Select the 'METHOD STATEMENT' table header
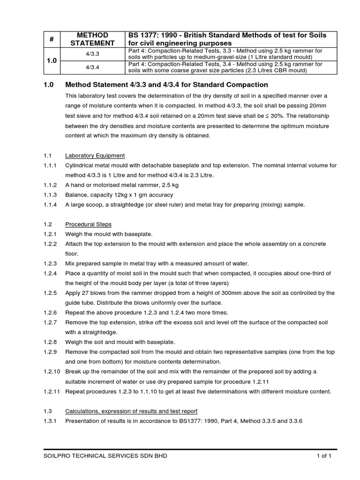click(x=92, y=39)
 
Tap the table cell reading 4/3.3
click(x=92, y=54)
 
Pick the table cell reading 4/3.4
click(x=92, y=67)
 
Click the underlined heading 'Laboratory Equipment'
click(x=95, y=156)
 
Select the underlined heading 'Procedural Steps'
click(x=88, y=224)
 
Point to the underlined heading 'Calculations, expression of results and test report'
click(x=131, y=411)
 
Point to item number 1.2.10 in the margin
click(x=51, y=371)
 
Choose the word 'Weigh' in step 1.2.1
click(x=74, y=234)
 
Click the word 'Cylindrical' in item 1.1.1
click(x=81, y=165)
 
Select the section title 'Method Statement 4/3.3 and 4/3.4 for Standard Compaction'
click(x=166, y=85)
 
